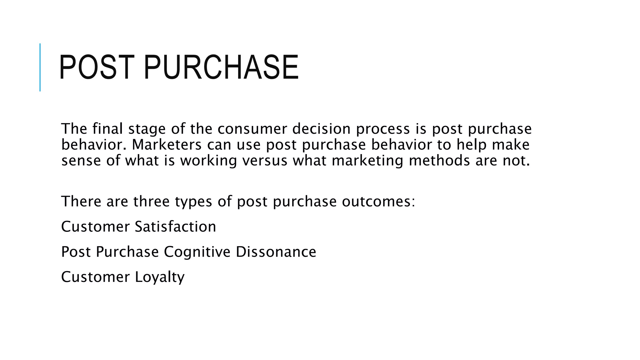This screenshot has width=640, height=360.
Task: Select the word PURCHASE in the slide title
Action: [221, 67]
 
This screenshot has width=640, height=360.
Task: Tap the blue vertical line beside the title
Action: [40, 67]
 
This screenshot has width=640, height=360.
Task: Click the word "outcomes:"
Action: [378, 201]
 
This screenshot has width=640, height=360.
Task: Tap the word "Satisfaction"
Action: [175, 227]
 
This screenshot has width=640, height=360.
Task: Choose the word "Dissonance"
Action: [276, 252]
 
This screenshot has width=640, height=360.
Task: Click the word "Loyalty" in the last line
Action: [160, 277]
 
